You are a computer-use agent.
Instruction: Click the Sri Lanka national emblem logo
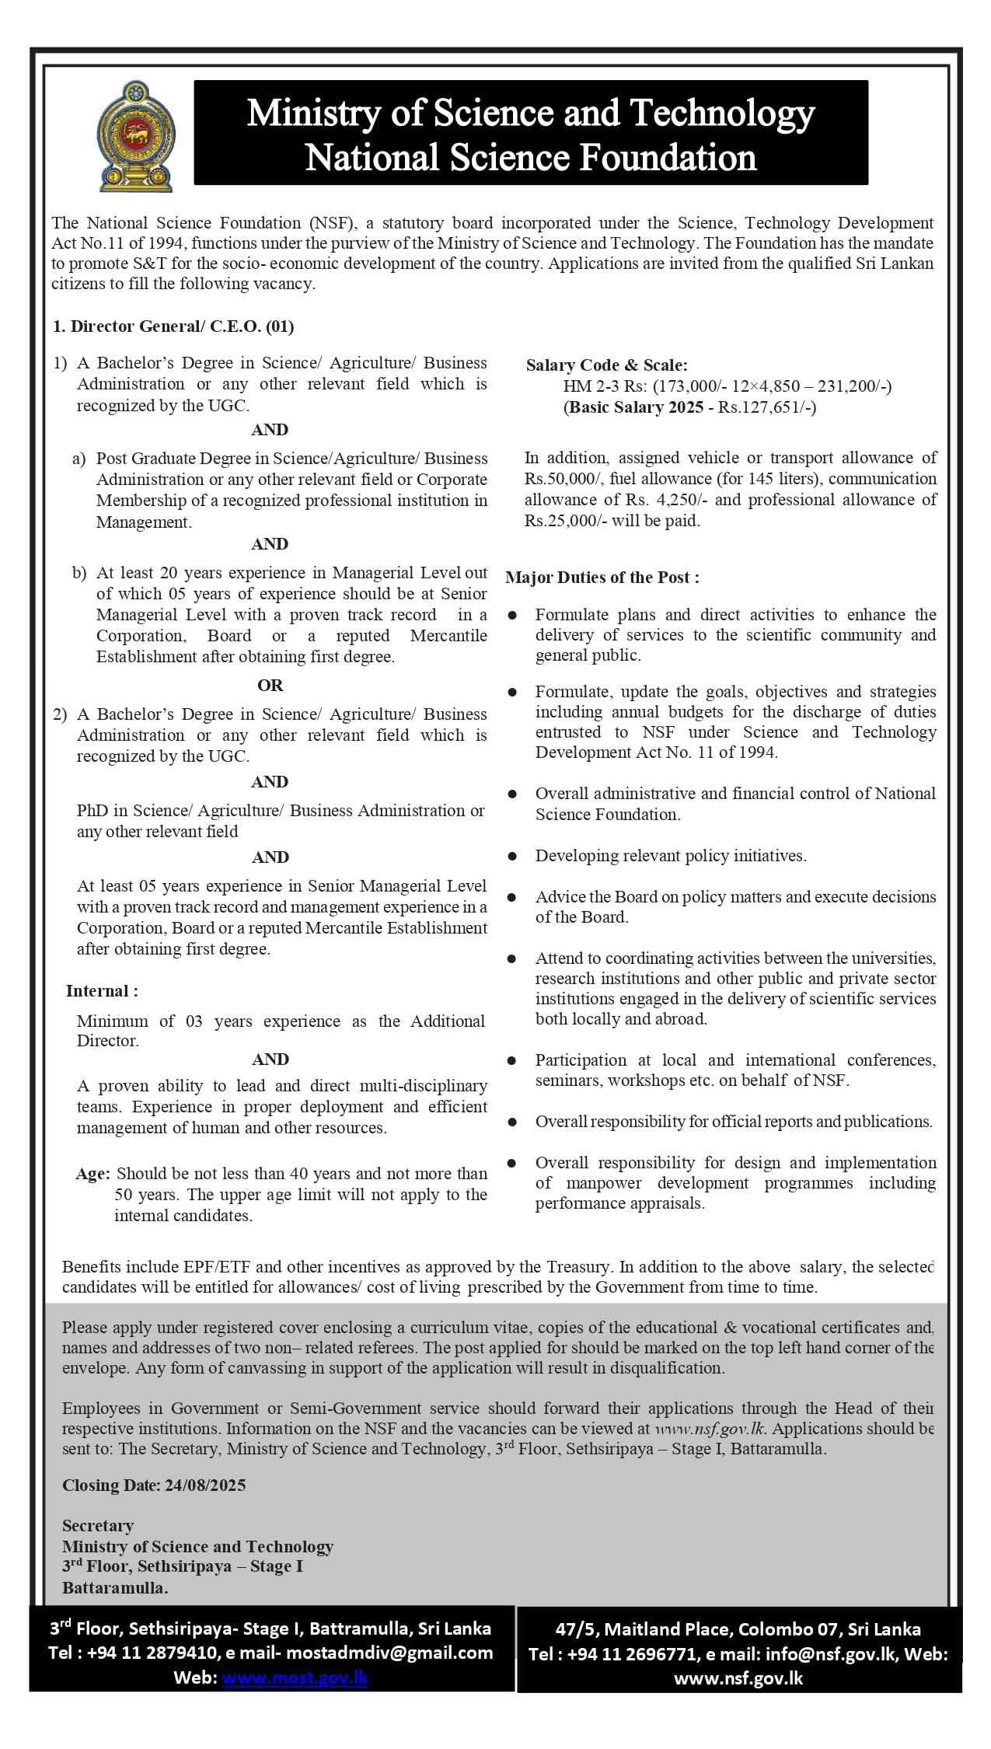pyautogui.click(x=136, y=135)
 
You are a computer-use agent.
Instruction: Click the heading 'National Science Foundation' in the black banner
pyautogui.click(x=531, y=158)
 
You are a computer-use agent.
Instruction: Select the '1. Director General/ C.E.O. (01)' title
pyautogui.click(x=173, y=326)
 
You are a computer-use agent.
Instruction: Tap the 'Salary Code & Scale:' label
pyautogui.click(x=606, y=365)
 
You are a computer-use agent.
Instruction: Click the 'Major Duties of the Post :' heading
pyautogui.click(x=602, y=578)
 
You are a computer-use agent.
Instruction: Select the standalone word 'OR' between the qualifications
pyautogui.click(x=270, y=686)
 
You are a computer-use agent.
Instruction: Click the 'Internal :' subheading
pyautogui.click(x=102, y=991)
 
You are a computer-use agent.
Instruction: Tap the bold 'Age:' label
pyautogui.click(x=92, y=1174)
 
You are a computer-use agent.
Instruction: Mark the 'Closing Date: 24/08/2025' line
pyautogui.click(x=154, y=1485)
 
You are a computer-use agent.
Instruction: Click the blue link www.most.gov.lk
pyautogui.click(x=295, y=1677)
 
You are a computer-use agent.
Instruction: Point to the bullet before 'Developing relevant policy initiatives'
pyautogui.click(x=513, y=857)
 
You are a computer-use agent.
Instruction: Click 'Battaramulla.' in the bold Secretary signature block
pyautogui.click(x=115, y=1588)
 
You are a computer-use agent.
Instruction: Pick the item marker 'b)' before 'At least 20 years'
pyautogui.click(x=79, y=574)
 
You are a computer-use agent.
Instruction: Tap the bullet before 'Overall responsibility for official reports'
pyautogui.click(x=513, y=1122)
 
